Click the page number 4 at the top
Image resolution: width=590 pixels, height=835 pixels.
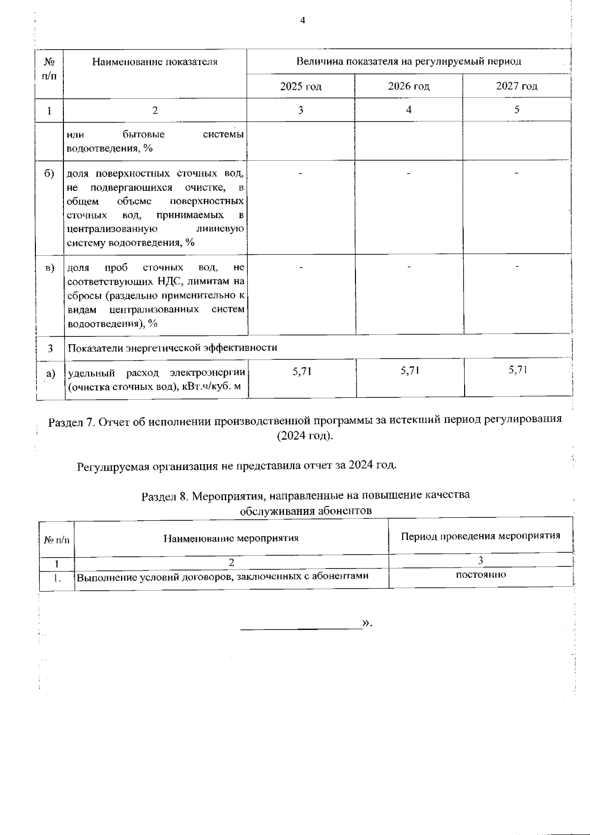[x=302, y=20]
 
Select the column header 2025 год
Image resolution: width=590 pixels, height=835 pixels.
[x=300, y=87]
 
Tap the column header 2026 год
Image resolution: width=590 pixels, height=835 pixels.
[x=409, y=87]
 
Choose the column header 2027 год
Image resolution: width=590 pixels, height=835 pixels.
[x=517, y=87]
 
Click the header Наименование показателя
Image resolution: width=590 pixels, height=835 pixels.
[x=155, y=62]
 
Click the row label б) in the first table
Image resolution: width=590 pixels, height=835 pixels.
[x=50, y=174]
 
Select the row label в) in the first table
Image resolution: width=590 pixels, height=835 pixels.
[x=50, y=268]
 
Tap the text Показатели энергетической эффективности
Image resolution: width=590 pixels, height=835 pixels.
[x=172, y=348]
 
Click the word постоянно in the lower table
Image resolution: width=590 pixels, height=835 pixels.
[x=481, y=574]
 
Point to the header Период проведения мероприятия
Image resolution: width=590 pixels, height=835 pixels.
[x=480, y=536]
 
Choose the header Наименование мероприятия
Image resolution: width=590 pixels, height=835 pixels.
[x=231, y=538]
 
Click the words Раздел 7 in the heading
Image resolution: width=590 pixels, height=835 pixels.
[x=70, y=422]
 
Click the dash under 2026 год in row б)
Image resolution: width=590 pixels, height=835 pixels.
[x=409, y=173]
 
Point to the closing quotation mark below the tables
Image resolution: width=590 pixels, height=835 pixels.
[x=366, y=624]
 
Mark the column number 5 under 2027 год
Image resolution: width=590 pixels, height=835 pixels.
[x=517, y=110]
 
